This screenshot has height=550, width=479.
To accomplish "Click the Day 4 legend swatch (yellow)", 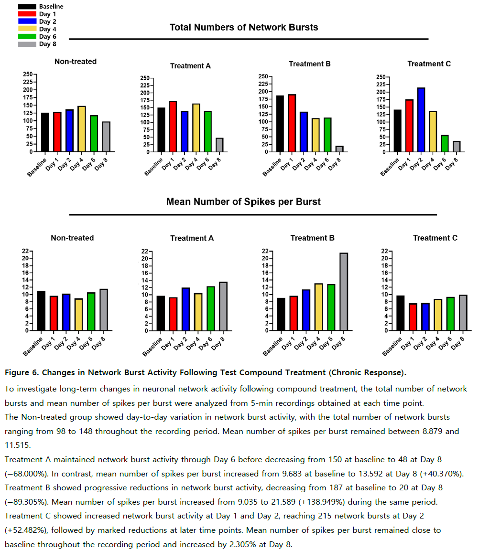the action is (27, 29).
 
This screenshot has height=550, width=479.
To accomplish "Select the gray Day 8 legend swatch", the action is (27, 44).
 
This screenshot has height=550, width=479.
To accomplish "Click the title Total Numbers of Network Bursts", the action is (244, 27).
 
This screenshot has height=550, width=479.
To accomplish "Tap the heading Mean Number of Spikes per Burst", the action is (243, 201).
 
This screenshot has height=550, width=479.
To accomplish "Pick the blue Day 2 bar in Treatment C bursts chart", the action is (421, 120).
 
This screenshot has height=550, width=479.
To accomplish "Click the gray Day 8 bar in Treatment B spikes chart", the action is (343, 292).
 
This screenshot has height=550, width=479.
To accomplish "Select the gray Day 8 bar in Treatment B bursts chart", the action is (339, 149).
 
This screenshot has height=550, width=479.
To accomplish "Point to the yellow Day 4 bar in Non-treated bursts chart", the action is (81, 129).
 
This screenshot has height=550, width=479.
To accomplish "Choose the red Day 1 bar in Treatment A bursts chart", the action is (173, 126).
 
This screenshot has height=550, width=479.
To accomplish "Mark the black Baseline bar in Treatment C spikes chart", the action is (400, 313).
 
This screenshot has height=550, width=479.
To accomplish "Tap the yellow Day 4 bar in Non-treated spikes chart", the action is (78, 315).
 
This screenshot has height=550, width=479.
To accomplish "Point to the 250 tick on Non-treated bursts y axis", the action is (28, 74).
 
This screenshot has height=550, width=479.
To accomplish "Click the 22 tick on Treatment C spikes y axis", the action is (384, 251).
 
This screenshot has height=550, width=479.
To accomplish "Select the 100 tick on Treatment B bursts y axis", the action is (263, 122).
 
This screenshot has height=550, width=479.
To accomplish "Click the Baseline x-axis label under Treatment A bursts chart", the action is (153, 167).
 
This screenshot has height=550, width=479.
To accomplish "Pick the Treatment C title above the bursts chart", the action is (429, 64).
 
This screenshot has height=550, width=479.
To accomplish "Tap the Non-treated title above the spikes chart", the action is (72, 238).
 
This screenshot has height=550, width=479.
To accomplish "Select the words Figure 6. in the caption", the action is (22, 372).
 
